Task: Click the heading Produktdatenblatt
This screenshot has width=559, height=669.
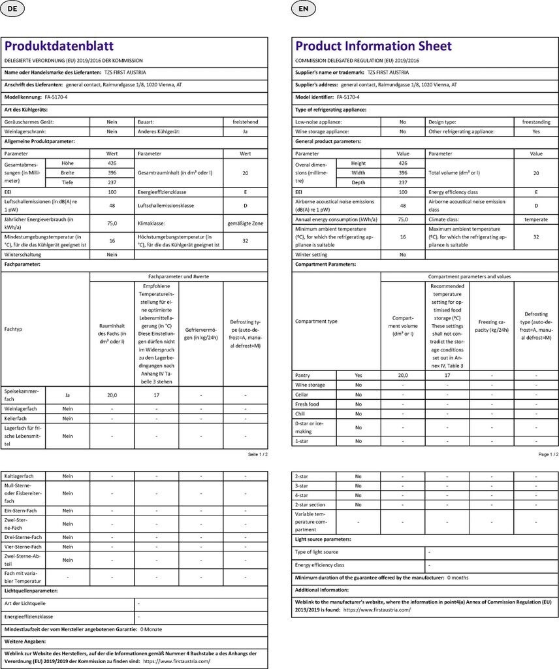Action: [59, 46]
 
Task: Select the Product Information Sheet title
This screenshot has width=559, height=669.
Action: [374, 46]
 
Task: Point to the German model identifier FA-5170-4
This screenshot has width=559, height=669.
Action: [52, 97]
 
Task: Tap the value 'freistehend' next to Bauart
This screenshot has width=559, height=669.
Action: [245, 122]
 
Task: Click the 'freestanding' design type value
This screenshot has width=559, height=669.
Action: [535, 122]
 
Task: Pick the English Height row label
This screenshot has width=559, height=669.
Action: [359, 163]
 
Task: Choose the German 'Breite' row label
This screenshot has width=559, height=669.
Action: [68, 172]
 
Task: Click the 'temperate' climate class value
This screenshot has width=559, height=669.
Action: [535, 220]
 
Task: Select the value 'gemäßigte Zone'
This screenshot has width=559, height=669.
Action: [245, 223]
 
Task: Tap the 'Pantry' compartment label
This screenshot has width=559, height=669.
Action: [302, 376]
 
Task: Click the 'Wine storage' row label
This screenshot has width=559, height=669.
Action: [311, 385]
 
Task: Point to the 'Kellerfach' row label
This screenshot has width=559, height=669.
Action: [20, 418]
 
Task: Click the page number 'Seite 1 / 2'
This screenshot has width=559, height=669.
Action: [257, 454]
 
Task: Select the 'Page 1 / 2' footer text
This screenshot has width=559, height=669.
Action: [548, 454]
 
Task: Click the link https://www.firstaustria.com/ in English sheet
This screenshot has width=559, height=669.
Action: [377, 610]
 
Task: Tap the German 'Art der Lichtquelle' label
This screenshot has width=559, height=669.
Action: [25, 603]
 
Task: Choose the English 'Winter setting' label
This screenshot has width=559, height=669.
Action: [311, 255]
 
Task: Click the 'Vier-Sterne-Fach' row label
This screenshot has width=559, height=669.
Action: [24, 546]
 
